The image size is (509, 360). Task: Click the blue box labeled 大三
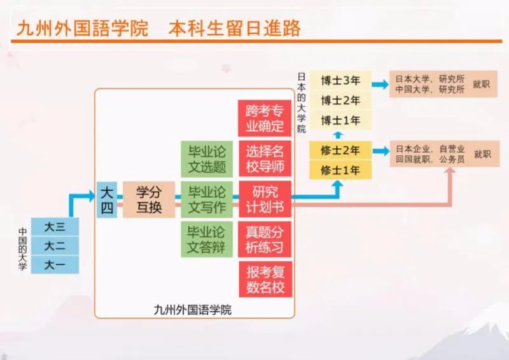pos(55,226)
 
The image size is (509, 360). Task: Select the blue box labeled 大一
pos(55,265)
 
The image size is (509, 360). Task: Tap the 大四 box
pos(107,200)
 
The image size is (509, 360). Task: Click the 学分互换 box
pos(149,200)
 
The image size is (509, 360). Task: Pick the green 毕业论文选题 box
pos(207,159)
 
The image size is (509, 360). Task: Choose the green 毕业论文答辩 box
pos(207,240)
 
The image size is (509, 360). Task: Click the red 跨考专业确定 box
pos(265,118)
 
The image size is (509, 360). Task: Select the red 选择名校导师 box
pos(265,159)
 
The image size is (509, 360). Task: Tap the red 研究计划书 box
pos(265,199)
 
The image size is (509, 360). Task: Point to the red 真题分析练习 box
pos(265,240)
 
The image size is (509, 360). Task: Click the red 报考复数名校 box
pos(265,279)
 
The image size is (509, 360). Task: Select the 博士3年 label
pos(340,81)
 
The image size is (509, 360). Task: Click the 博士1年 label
pos(340,120)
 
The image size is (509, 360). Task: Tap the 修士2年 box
pos(340,150)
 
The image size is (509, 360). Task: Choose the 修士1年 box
pos(340,170)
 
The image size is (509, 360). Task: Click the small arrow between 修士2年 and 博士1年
pos(338,135)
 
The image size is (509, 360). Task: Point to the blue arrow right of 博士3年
pos(380,85)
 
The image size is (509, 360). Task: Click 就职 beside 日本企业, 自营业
pos(482,154)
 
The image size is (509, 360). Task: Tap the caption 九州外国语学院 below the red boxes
pos(193,310)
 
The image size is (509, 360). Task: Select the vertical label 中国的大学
pos(22,249)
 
